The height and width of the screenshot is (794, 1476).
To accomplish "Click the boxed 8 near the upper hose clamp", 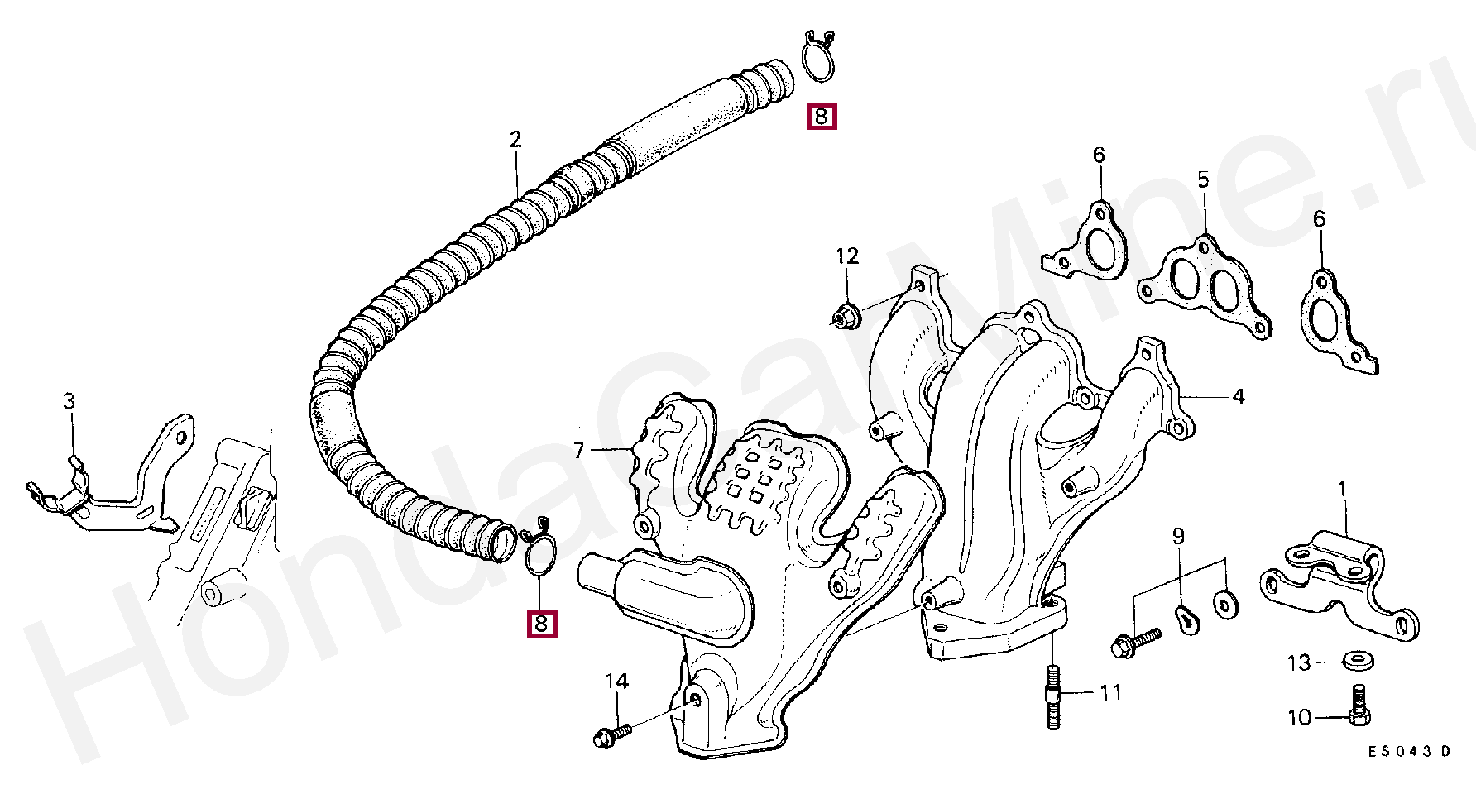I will coord(822,117).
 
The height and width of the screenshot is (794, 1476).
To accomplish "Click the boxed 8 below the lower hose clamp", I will coord(541,624).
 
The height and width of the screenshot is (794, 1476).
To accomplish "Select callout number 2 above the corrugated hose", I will coord(515,139).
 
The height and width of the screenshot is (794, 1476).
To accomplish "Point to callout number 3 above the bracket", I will coord(69,401).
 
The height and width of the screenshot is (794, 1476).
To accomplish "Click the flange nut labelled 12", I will coord(845,315).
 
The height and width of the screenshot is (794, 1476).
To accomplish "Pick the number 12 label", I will coord(847,256).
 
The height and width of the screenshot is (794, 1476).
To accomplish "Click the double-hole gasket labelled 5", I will coord(1205,286).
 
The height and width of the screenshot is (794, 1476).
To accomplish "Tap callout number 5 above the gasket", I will coord(1203,179).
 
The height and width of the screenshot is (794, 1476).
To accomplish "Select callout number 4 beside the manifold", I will coord(1238,397).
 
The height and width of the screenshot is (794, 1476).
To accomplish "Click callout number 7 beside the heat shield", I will coord(578,451).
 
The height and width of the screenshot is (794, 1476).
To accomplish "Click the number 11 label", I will coord(1110,691).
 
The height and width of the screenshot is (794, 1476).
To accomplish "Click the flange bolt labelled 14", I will coord(611,734).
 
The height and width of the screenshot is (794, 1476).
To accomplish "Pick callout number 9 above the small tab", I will coord(1178,536).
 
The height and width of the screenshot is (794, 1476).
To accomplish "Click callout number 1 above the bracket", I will coord(1342,490).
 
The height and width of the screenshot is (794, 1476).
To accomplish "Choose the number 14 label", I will coord(616,682).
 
